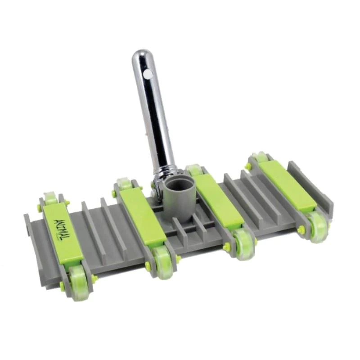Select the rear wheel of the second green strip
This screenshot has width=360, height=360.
click(123, 182)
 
